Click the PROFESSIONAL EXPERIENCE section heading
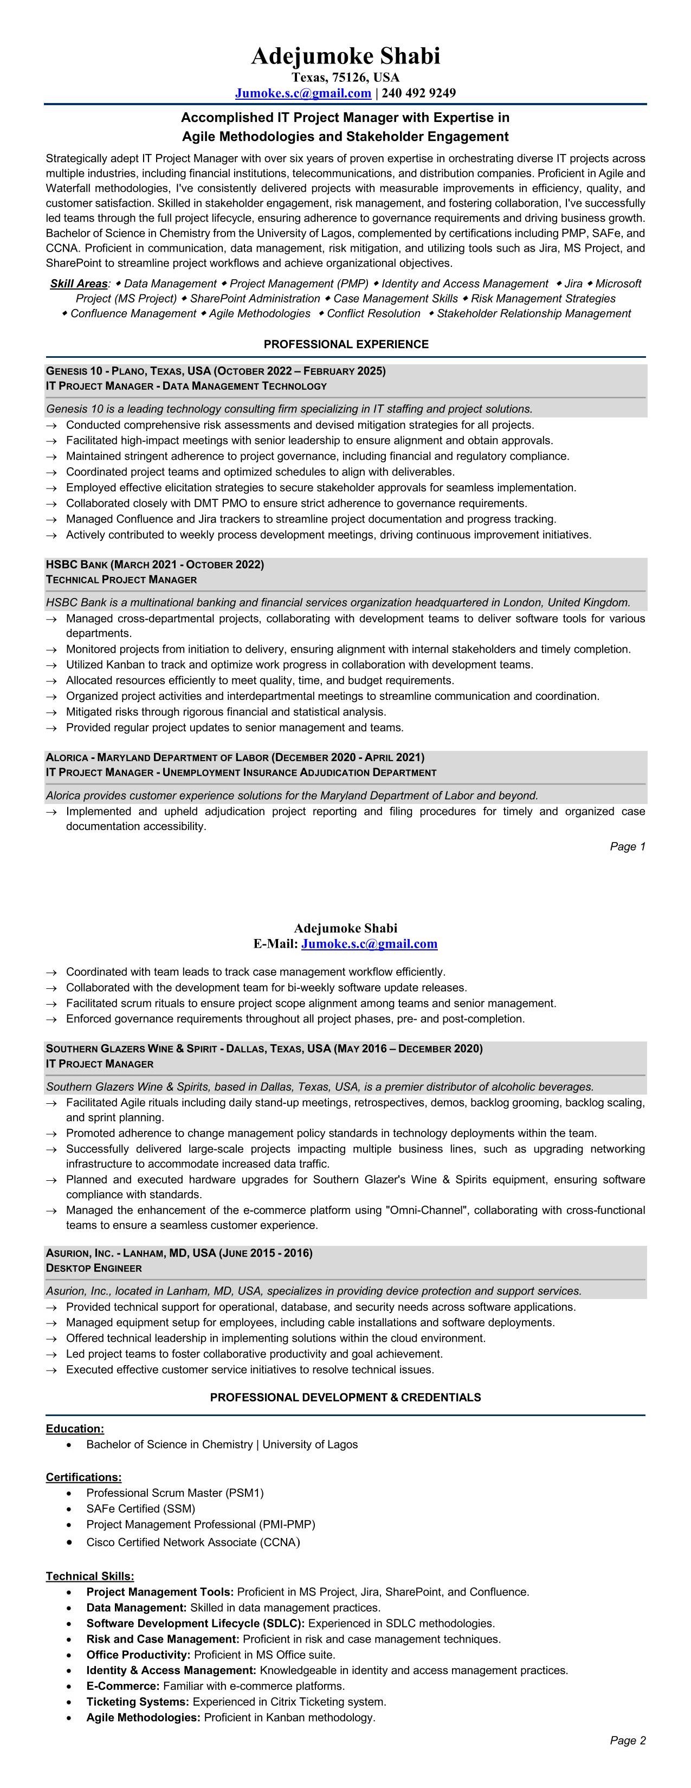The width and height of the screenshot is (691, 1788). click(346, 344)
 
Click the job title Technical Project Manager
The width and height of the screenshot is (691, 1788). click(121, 580)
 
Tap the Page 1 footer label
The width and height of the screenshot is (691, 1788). click(627, 847)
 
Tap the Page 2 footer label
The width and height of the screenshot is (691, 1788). click(627, 1740)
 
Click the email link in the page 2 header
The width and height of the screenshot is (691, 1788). click(369, 944)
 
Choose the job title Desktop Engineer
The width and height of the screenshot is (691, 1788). click(94, 1268)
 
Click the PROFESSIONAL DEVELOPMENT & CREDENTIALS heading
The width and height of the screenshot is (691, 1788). click(346, 1398)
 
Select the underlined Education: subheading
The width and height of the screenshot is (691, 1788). click(75, 1429)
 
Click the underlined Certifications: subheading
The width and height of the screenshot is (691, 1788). click(83, 1477)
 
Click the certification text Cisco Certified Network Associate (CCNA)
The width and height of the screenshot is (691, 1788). click(193, 1542)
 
